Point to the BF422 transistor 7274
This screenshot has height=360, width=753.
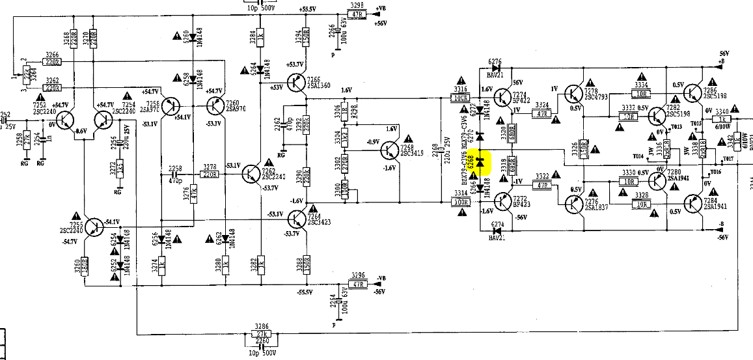tap(501, 98)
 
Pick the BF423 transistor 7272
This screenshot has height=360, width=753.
tap(501, 202)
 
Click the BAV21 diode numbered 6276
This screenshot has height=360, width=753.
tap(497, 66)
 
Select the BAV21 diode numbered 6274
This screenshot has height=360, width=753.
tap(497, 230)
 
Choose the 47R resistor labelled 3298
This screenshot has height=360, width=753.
tap(356, 14)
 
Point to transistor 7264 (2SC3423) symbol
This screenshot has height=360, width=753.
tap(297, 219)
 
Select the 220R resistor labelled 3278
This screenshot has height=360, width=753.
tap(210, 174)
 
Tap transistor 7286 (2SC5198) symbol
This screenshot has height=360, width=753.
tap(695, 96)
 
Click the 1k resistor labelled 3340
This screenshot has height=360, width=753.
tap(722, 119)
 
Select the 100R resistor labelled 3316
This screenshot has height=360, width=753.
tap(461, 98)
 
